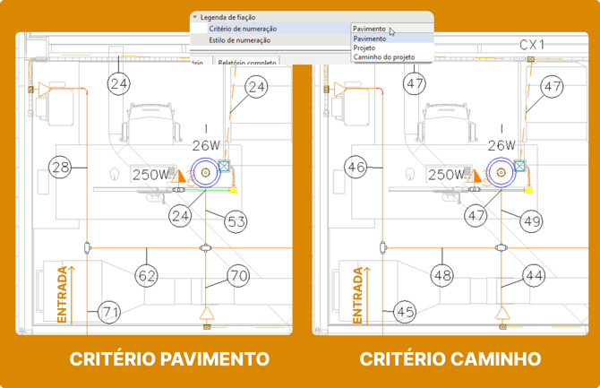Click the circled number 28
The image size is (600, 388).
61,168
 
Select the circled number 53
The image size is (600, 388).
236,221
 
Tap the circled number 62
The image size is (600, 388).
147,276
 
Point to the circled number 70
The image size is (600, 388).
238,276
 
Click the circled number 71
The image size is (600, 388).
109,312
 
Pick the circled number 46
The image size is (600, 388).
356,168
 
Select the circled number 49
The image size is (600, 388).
532,221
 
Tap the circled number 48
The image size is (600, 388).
441,276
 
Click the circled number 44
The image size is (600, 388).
535,276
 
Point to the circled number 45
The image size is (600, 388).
405,312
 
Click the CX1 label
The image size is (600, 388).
533,44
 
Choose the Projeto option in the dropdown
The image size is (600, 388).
365,48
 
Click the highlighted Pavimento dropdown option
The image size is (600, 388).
370,39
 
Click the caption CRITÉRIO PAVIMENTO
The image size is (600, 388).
169,358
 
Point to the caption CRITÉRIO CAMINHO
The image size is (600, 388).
450,358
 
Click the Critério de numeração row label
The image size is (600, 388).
236,29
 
